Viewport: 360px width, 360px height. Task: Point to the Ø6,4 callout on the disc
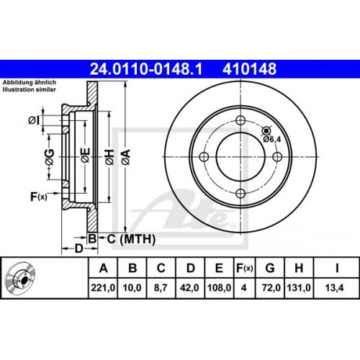point(273,139)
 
